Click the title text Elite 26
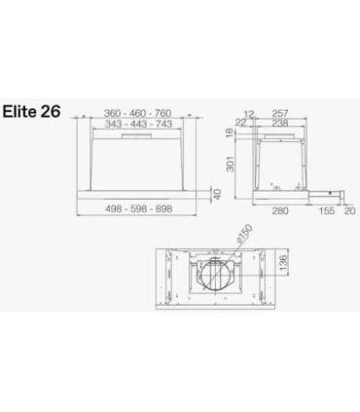pyautogui.click(x=32, y=111)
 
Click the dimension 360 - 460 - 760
pyautogui.click(x=138, y=114)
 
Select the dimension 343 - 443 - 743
pyautogui.click(x=138, y=125)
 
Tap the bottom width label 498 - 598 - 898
pyautogui.click(x=138, y=209)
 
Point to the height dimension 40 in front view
pyautogui.click(x=217, y=192)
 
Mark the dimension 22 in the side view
pyautogui.click(x=241, y=125)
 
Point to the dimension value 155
pyautogui.click(x=326, y=209)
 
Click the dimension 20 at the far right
pyautogui.click(x=348, y=209)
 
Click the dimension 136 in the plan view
pyautogui.click(x=283, y=263)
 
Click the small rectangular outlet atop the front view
pyautogui.click(x=138, y=136)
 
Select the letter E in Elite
pyautogui.click(x=9, y=111)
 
